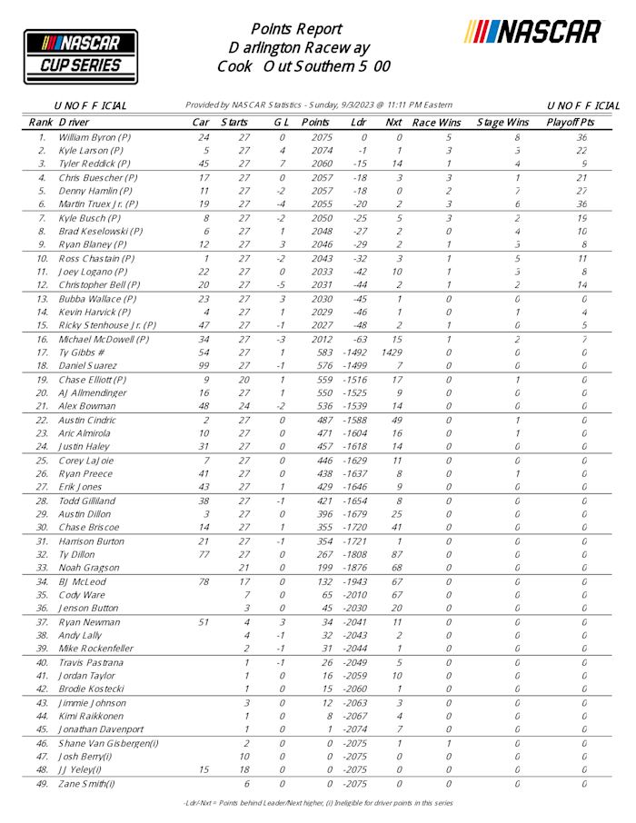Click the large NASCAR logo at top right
[533, 33]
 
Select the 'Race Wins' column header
[437, 122]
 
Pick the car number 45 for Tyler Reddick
[206, 164]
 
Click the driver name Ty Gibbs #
[80, 352]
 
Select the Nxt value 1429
[393, 352]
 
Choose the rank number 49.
[42, 782]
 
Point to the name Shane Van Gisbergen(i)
[109, 742]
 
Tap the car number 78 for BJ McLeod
[205, 581]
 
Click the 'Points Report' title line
[296, 28]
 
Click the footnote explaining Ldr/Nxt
[317, 803]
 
